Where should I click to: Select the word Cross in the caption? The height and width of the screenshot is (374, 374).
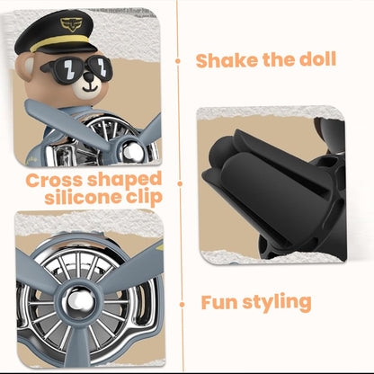(54, 181)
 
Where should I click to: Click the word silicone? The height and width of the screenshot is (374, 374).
(83, 197)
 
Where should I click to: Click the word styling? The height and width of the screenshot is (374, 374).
(277, 303)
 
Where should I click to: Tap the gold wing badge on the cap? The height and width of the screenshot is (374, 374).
(71, 24)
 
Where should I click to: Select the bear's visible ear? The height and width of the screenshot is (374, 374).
(28, 67)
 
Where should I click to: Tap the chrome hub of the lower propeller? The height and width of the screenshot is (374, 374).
(79, 300)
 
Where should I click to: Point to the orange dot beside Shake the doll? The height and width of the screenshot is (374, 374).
(178, 61)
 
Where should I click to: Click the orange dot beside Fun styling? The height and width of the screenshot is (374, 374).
(182, 305)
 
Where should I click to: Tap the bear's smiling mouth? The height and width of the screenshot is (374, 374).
(90, 89)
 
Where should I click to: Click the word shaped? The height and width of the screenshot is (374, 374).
(124, 181)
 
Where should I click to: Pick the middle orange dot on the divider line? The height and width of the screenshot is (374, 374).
(180, 183)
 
